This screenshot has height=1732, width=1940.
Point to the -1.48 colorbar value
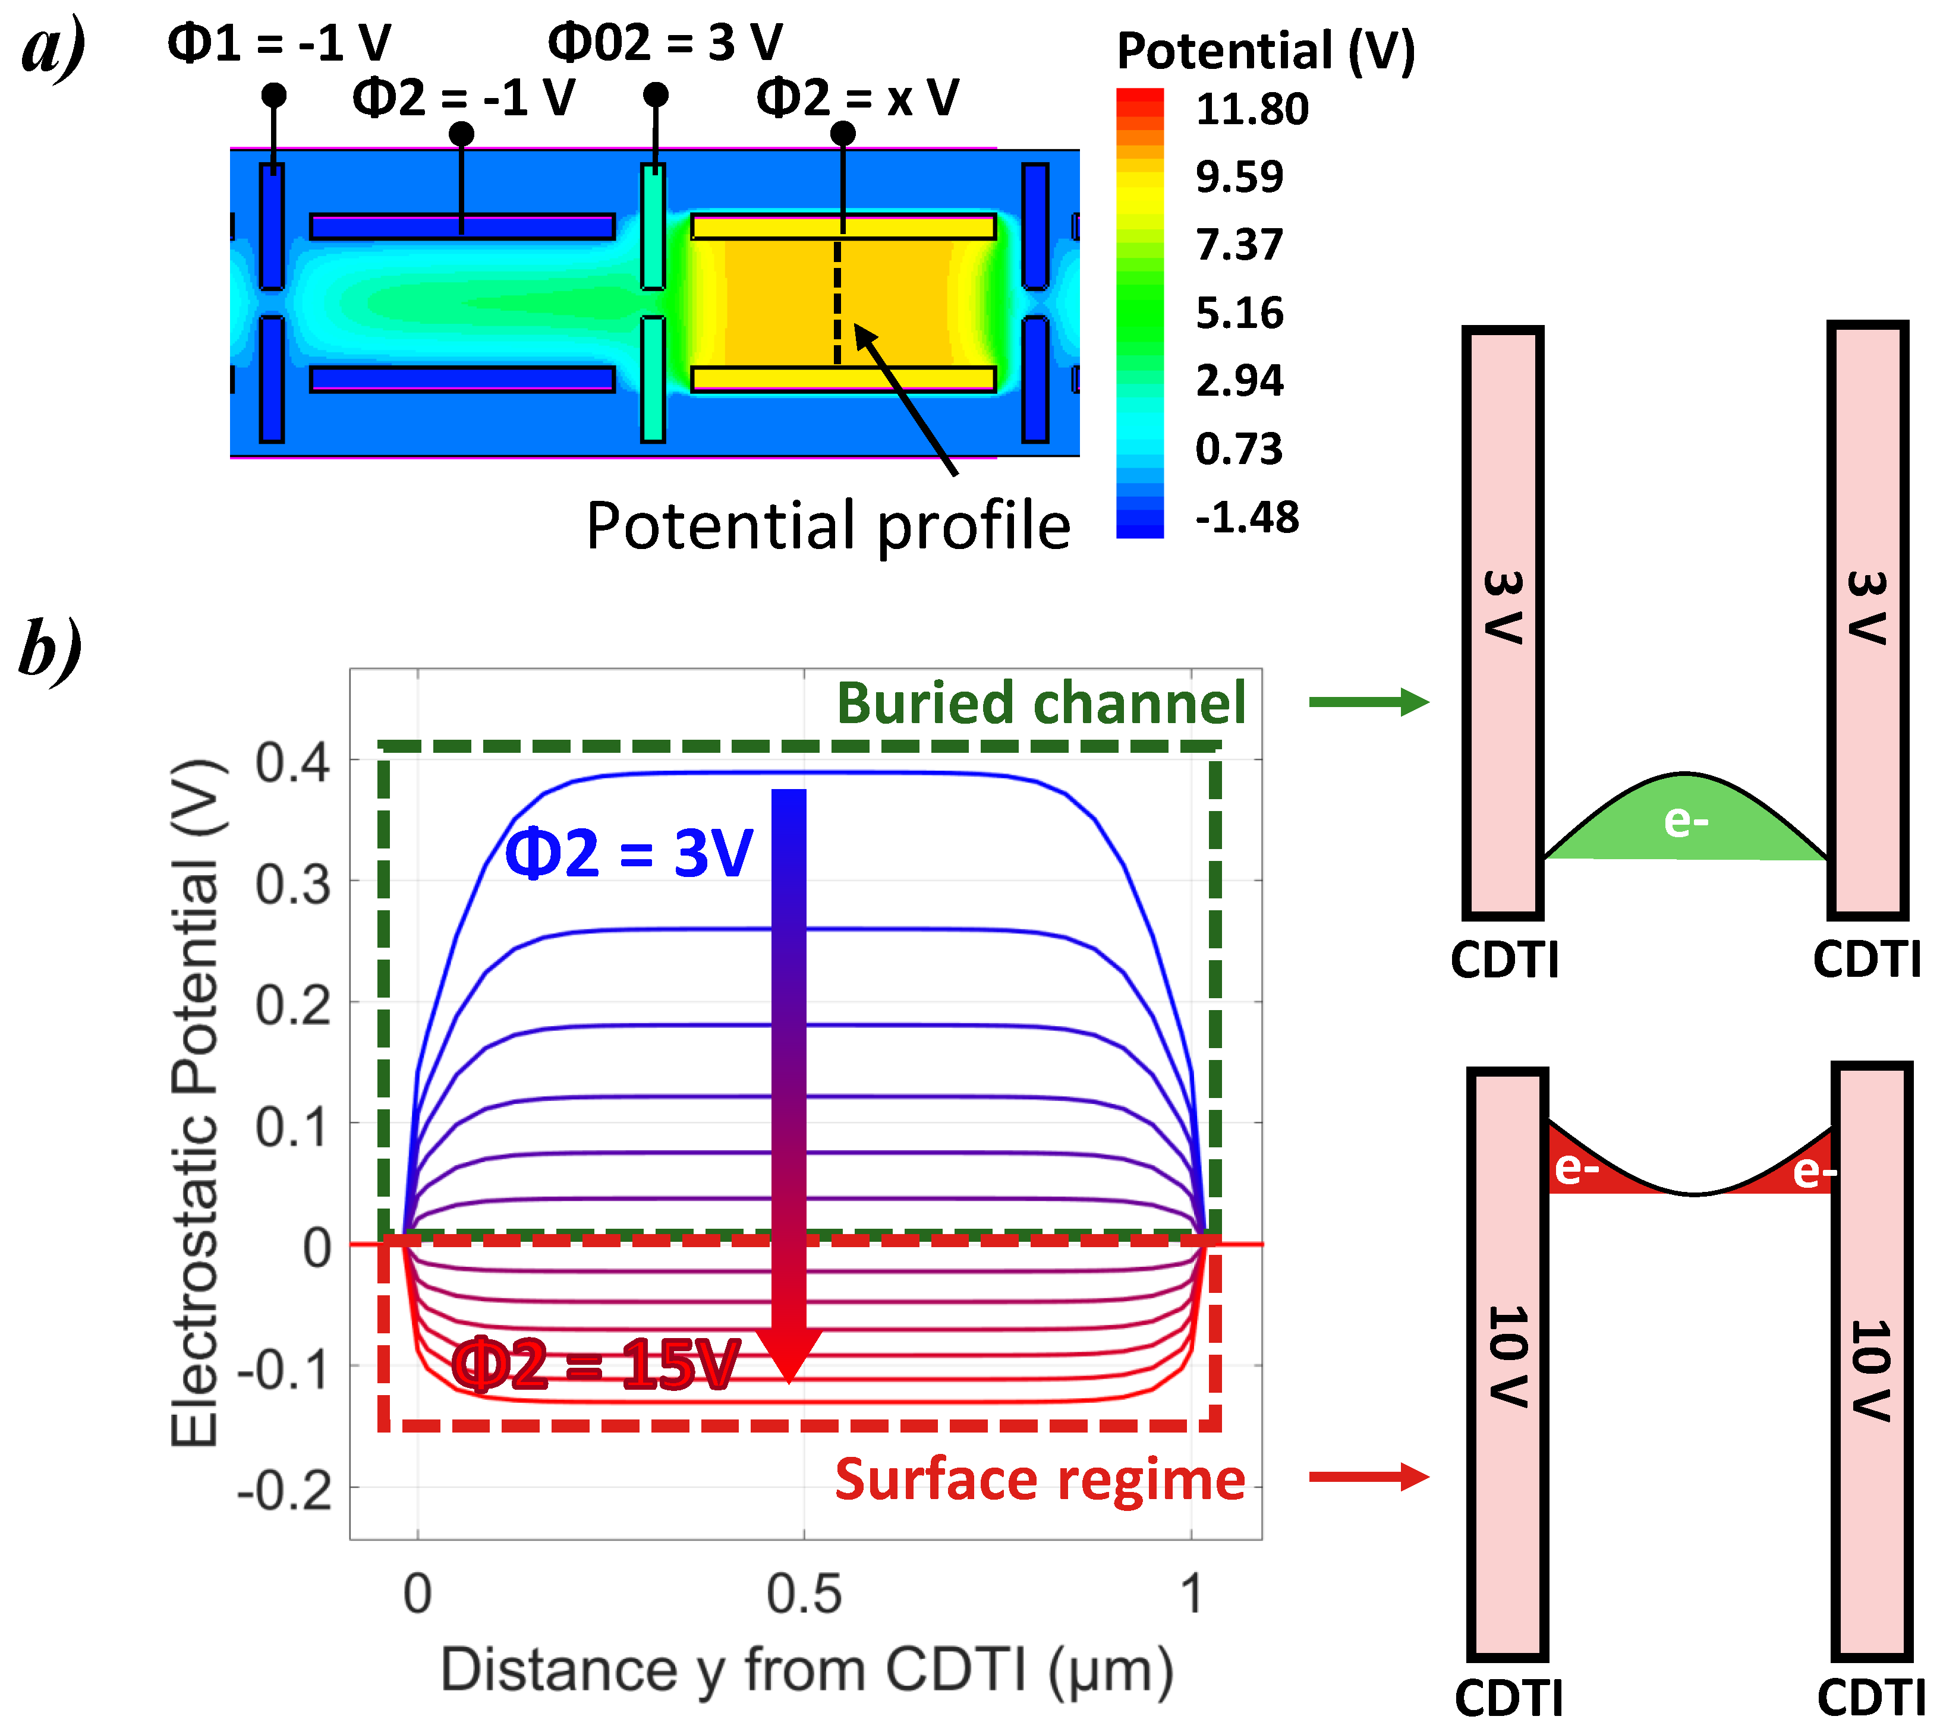click(x=1246, y=518)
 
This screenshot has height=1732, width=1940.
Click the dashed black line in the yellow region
click(x=837, y=300)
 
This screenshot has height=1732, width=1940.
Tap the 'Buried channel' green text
click(x=1041, y=703)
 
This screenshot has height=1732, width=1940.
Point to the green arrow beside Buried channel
click(x=1368, y=702)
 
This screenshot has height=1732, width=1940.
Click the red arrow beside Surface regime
click(x=1368, y=1477)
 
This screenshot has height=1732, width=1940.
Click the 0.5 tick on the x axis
click(x=804, y=1594)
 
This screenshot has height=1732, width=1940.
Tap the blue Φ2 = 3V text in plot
click(x=628, y=853)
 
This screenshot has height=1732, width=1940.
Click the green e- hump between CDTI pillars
click(x=1686, y=821)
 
